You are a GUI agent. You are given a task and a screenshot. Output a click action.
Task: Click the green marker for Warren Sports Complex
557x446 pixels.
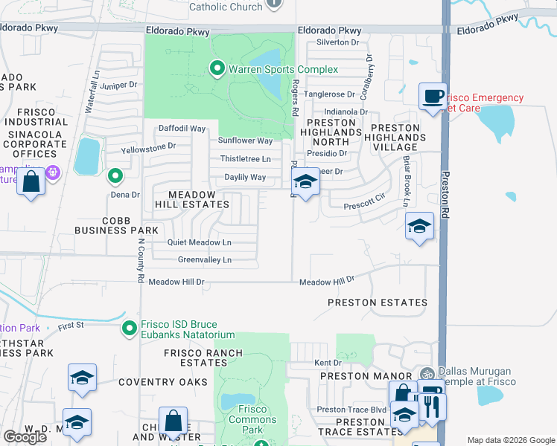(217, 70)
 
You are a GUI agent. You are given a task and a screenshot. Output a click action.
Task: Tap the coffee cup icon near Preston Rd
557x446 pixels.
(433, 97)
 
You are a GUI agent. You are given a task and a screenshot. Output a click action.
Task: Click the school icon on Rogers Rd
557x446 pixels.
(305, 181)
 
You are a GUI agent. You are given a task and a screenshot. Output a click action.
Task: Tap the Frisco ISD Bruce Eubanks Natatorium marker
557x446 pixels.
(130, 327)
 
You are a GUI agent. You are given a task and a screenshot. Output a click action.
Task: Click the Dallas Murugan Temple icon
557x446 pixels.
(427, 374)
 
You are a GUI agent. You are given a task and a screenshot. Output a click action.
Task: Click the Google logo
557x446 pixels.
(25, 437)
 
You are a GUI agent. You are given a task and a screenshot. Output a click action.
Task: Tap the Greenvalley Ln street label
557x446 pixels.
(205, 259)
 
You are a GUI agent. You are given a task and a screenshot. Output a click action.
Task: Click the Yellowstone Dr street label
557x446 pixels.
(149, 146)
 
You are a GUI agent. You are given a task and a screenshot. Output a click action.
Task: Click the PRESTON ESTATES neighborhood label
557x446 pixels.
(378, 303)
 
